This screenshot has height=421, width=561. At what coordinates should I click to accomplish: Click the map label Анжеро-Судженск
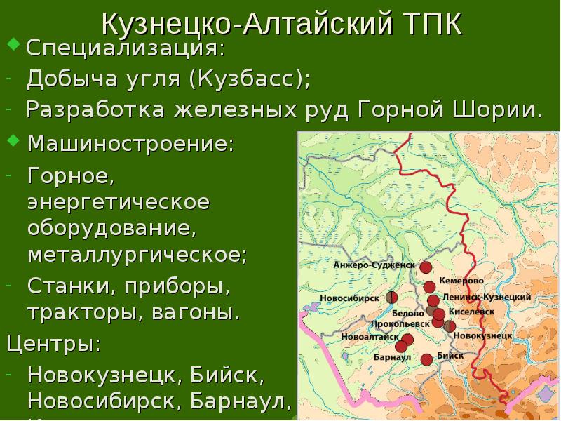click(x=374, y=265)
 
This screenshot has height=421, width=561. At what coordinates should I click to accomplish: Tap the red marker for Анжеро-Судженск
click(x=426, y=267)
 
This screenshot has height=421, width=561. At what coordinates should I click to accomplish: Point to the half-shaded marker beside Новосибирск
click(x=392, y=298)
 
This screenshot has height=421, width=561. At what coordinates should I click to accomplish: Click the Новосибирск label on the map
click(x=349, y=298)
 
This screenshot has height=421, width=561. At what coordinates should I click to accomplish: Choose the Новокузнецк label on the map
click(x=481, y=336)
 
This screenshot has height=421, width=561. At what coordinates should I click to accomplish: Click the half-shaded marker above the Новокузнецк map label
click(x=450, y=326)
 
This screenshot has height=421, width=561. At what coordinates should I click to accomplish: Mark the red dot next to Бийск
click(x=426, y=360)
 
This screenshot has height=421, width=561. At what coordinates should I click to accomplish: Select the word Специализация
click(x=126, y=50)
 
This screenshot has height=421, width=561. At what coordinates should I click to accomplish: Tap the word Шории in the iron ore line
click(x=503, y=110)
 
